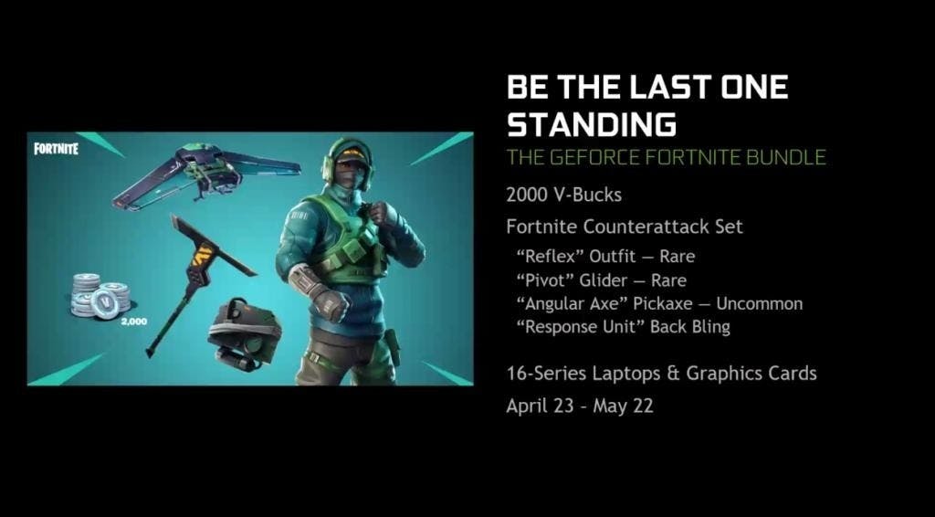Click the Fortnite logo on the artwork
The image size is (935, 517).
[56, 148]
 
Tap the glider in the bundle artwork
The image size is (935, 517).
[206, 174]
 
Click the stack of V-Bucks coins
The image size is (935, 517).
[100, 296]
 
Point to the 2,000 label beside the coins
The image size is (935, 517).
[133, 322]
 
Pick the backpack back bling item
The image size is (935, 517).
[244, 333]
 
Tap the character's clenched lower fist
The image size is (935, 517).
[331, 301]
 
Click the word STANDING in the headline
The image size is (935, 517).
[591, 124]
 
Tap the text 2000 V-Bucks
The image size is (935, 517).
[563, 195]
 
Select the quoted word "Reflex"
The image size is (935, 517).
[550, 257]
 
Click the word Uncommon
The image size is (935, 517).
[759, 303]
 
